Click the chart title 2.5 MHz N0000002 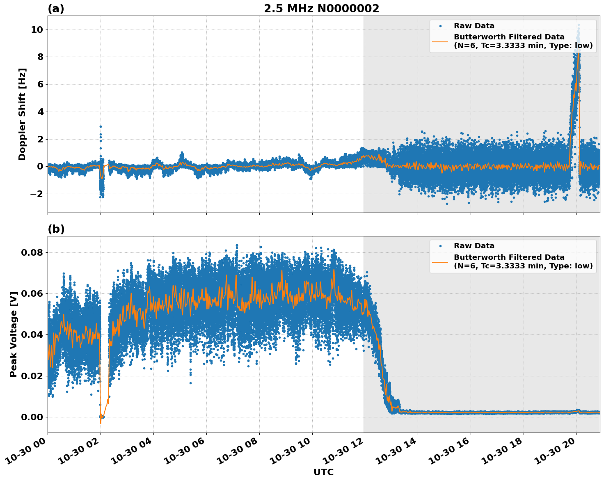click(321, 9)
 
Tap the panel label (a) click(56, 9)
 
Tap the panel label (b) click(56, 229)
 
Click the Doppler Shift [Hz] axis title click(22, 114)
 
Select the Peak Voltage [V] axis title click(14, 334)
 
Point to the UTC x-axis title click(323, 472)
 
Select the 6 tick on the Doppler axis click(40, 84)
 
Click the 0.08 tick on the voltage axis click(32, 252)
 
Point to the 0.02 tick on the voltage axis click(32, 376)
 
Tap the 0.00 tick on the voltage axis click(32, 417)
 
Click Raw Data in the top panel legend click(474, 26)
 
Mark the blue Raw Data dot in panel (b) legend click(440, 246)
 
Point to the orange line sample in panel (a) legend click(440, 41)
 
